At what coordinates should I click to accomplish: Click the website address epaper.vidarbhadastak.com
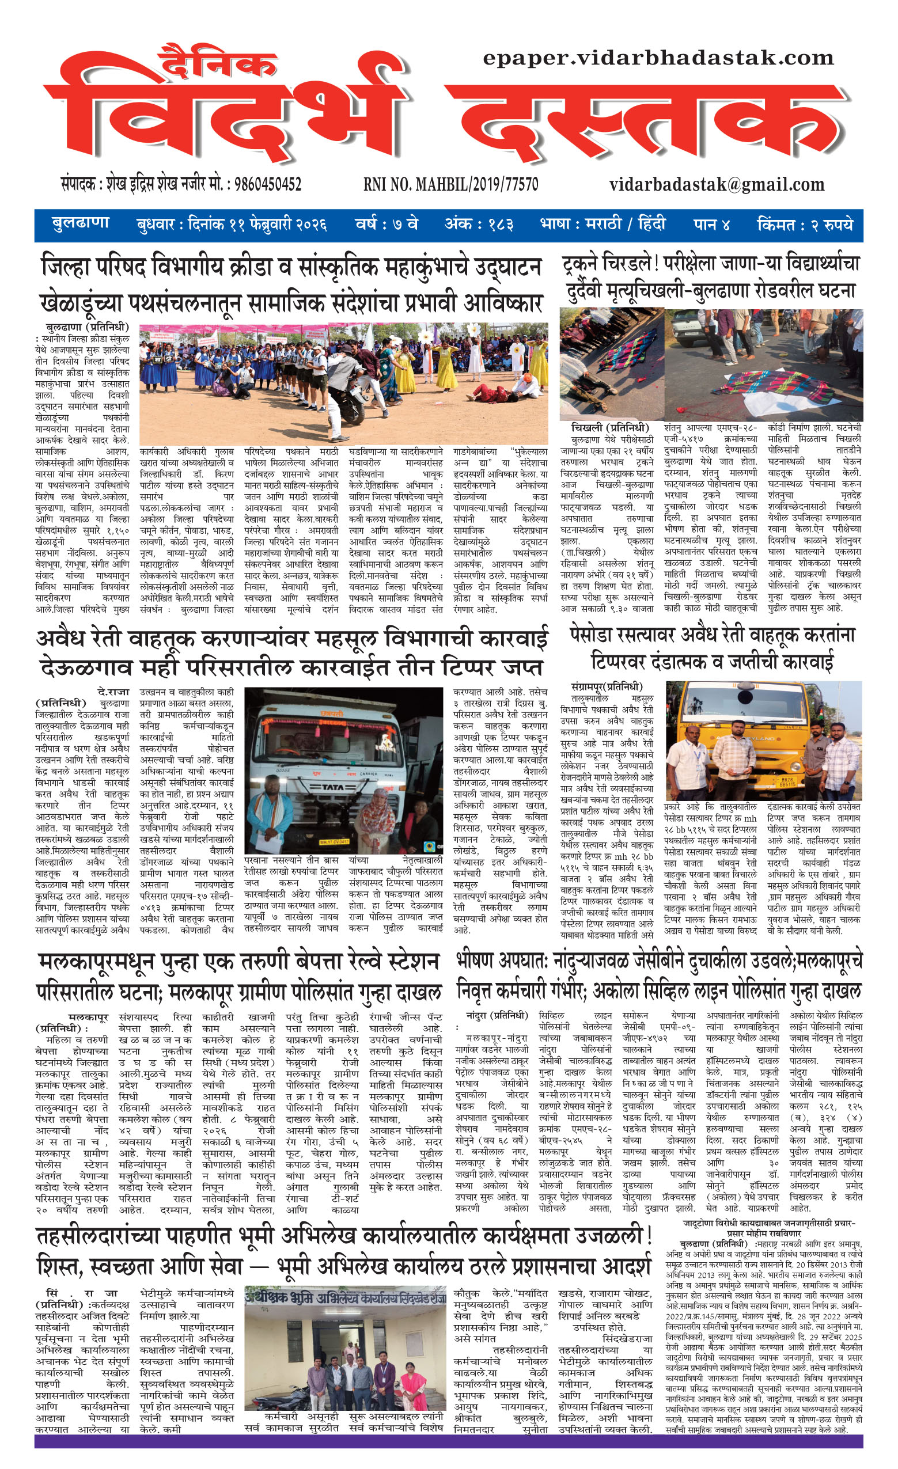pyautogui.click(x=658, y=58)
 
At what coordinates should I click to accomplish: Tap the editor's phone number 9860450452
pyautogui.click(x=268, y=184)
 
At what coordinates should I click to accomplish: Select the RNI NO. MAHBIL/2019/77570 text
pyautogui.click(x=450, y=184)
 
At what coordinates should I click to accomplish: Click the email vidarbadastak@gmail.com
pyautogui.click(x=717, y=184)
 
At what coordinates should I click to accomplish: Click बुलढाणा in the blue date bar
pyautogui.click(x=81, y=224)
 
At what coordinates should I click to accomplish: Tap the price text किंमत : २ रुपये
pyautogui.click(x=804, y=225)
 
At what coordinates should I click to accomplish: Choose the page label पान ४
pyautogui.click(x=711, y=225)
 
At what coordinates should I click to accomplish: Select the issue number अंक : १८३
pyautogui.click(x=478, y=225)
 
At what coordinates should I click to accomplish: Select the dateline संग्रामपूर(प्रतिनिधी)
pyautogui.click(x=607, y=686)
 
